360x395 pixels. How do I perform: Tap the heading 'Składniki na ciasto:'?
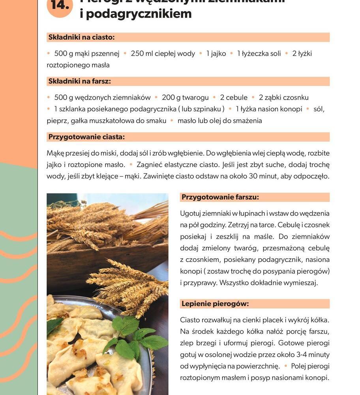pos(81,38)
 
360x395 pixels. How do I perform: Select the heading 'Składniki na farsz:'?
pos(79,81)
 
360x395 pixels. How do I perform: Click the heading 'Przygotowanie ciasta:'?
pos(86,137)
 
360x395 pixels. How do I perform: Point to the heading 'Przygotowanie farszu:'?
pos(220,197)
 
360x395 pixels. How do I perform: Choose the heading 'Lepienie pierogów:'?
pos(215,304)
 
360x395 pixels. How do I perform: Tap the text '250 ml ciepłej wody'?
pos(163,53)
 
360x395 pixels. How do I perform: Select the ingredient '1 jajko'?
pos(216,53)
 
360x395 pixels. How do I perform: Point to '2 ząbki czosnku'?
pos(283,97)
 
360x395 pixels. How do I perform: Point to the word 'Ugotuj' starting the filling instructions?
pos(191,213)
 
